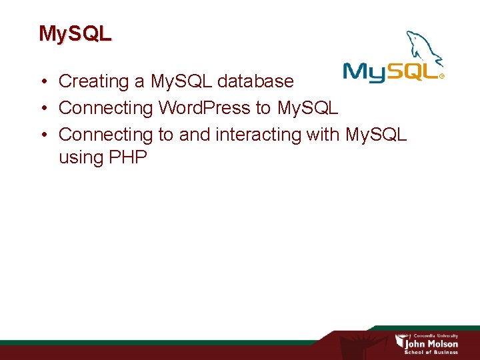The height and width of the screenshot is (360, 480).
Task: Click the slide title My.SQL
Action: (x=75, y=33)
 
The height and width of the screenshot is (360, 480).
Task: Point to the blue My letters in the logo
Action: (x=364, y=72)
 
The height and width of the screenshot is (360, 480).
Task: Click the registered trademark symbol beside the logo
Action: (x=441, y=76)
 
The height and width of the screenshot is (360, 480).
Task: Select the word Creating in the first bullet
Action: (x=94, y=81)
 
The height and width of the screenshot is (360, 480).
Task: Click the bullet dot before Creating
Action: (x=42, y=82)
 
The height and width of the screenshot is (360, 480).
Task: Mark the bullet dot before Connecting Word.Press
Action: (x=42, y=108)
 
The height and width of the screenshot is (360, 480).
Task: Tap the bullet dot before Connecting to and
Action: (x=42, y=135)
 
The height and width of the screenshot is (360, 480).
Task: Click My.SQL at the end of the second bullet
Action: (x=307, y=108)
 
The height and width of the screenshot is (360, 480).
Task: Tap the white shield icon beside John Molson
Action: (x=400, y=341)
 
